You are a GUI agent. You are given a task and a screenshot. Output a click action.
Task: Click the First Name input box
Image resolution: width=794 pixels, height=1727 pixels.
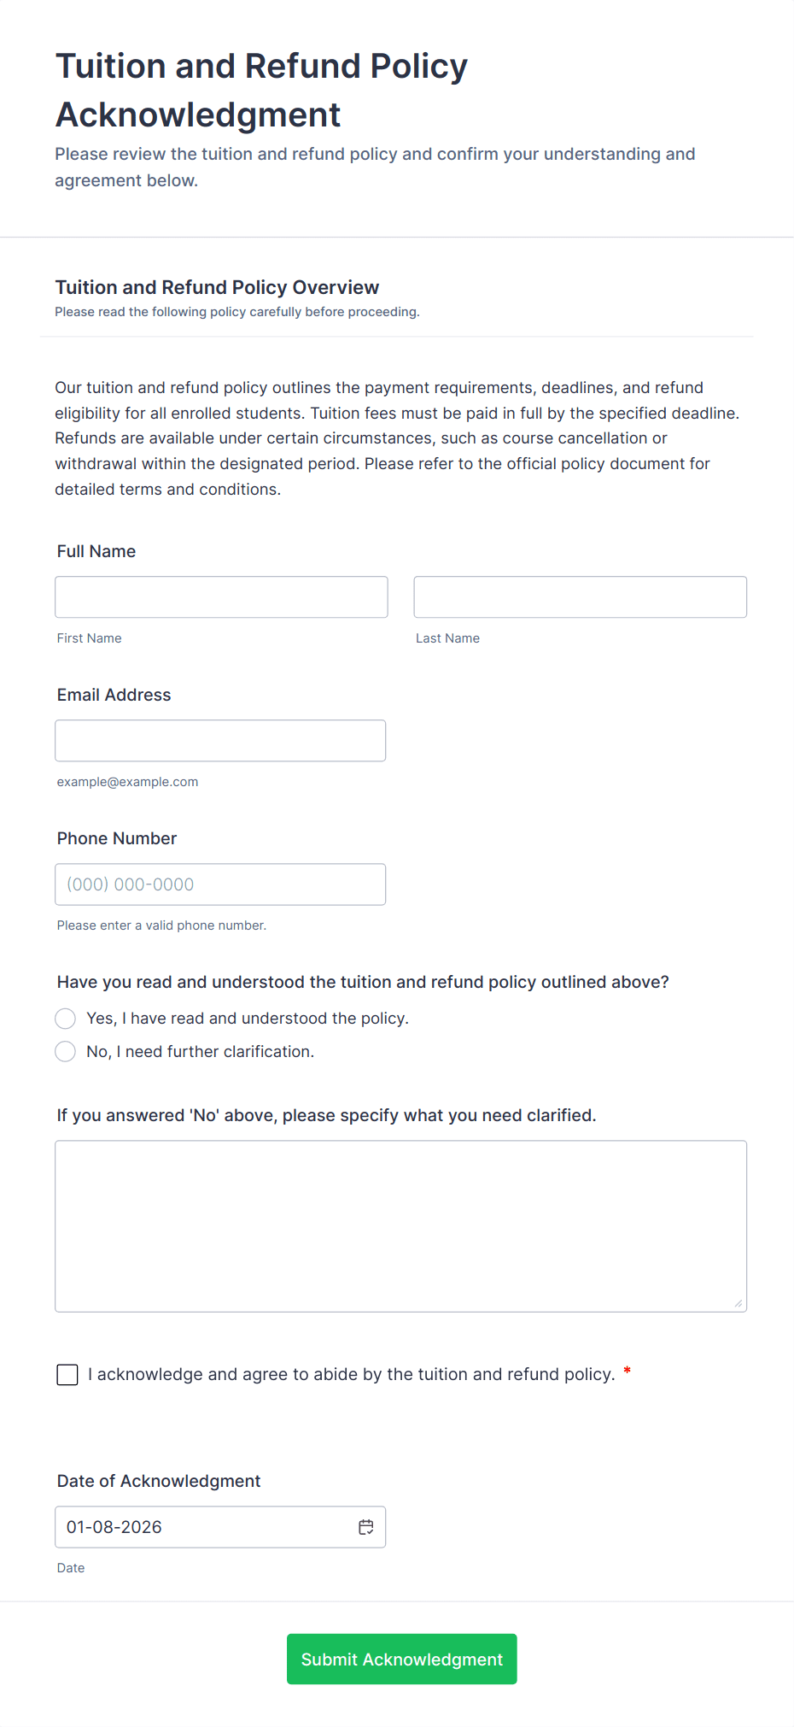(x=221, y=596)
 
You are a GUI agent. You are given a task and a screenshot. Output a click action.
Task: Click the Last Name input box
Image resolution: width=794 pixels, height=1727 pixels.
(x=580, y=596)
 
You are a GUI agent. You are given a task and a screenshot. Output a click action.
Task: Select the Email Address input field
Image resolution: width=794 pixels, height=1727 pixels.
(x=220, y=740)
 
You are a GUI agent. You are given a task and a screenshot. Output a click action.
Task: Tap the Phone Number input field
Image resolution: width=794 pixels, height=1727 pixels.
(x=220, y=884)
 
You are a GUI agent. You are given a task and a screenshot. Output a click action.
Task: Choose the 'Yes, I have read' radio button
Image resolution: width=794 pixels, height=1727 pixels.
(x=66, y=1018)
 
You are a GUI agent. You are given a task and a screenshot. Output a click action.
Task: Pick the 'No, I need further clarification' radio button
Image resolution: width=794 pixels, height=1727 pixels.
(x=66, y=1051)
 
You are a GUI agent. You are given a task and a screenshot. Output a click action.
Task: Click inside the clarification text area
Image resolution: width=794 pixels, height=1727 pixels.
(x=400, y=1225)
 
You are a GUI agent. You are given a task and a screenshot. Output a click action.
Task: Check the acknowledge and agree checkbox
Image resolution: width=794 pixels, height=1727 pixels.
(x=67, y=1374)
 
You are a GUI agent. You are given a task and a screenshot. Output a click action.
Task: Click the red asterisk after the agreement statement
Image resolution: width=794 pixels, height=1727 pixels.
(x=628, y=1372)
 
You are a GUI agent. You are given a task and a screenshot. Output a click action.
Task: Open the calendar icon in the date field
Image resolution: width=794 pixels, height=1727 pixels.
(x=366, y=1527)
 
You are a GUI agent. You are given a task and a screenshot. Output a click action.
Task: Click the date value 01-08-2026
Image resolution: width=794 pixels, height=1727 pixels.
(x=114, y=1527)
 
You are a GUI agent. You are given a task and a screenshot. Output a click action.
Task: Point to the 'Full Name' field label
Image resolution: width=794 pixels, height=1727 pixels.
(x=96, y=551)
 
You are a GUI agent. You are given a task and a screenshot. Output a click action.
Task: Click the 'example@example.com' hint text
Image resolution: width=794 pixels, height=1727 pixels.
(x=127, y=782)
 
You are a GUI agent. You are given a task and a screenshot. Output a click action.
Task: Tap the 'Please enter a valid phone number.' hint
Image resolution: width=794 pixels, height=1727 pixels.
(x=161, y=925)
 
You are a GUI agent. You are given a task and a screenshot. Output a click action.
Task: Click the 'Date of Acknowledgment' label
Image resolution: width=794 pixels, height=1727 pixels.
(x=159, y=1481)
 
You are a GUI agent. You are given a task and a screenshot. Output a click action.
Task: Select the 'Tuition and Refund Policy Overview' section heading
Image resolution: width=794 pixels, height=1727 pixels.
(x=217, y=287)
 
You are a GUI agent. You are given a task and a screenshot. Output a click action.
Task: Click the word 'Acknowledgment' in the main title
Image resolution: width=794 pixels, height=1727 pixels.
(x=198, y=115)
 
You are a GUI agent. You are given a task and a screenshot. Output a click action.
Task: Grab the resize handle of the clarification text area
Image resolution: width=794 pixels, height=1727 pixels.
(x=739, y=1303)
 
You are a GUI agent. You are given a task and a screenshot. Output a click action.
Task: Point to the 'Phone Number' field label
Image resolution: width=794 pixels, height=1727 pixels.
(x=117, y=838)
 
